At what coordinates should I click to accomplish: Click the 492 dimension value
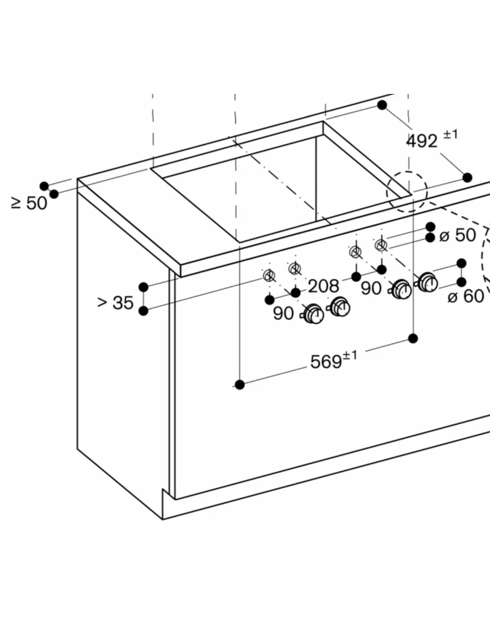422,141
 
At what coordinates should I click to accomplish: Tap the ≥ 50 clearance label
29,203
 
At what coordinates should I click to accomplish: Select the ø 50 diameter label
457,235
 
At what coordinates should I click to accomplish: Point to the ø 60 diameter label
466,296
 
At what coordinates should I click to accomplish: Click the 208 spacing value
323,286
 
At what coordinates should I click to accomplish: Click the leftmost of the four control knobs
313,314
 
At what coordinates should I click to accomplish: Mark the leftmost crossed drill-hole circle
269,275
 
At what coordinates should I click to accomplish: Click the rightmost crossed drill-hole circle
381,246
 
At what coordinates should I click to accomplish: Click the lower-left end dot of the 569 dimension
240,385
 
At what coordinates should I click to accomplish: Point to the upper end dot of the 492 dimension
382,105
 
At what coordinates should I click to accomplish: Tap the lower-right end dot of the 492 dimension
467,178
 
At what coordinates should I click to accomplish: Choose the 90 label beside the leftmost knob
283,313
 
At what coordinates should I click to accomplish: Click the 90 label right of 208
371,288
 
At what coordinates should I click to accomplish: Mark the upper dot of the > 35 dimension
143,287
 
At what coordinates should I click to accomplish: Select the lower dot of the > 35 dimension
143,311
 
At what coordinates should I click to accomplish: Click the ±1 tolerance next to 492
451,135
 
